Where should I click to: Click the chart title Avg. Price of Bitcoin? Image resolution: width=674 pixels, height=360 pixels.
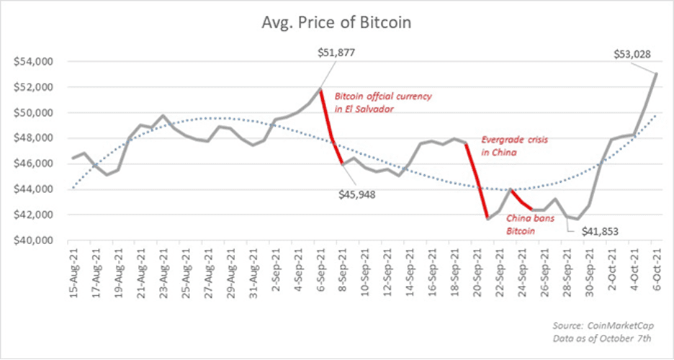pos(337,22)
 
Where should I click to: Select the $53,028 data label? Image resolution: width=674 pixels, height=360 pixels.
pos(632,53)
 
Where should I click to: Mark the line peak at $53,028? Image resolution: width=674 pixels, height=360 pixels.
pos(656,73)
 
